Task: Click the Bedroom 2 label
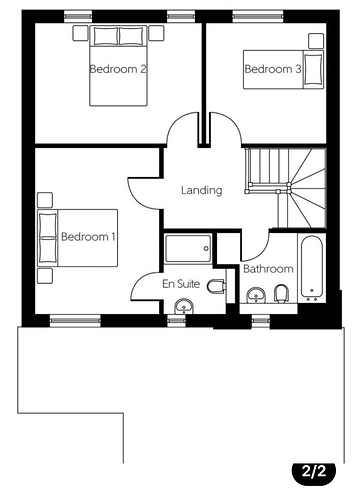point(118,69)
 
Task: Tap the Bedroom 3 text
point(273,69)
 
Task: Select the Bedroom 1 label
point(88,237)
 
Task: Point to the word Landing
point(202,190)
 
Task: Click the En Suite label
point(181,284)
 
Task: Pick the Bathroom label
point(268,269)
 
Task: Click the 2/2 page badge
point(314,472)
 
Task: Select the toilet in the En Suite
point(216,286)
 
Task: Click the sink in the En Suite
point(184,306)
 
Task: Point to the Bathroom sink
point(256,295)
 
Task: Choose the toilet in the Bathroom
point(281,294)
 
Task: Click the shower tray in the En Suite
point(188,248)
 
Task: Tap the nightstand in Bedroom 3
point(316,41)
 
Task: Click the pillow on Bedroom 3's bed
point(314,69)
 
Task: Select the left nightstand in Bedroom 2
point(80,33)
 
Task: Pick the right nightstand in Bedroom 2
point(156,33)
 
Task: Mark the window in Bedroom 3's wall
point(258,16)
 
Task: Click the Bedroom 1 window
point(75,321)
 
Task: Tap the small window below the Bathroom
point(260,321)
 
